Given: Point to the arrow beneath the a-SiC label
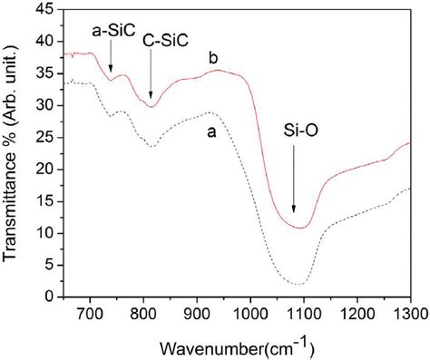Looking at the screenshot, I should (112, 58).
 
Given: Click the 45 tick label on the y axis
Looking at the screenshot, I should (45, 9).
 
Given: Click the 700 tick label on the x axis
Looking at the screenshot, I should (90, 313).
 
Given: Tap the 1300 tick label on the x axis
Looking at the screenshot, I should (409, 313).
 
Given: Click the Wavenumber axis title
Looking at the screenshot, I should (239, 346).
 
